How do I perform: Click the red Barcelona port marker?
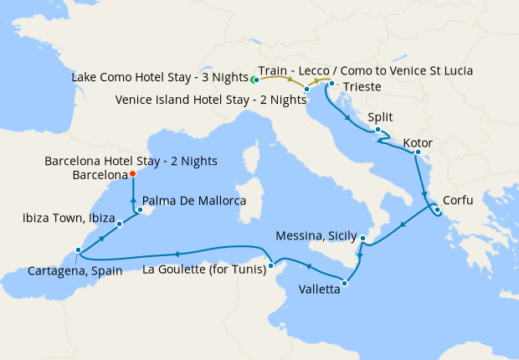tap(132, 175)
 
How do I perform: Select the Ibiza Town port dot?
tap(120, 224)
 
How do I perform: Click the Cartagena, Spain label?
tap(75, 270)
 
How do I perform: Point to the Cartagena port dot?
tap(78, 250)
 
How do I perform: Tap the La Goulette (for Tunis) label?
tap(205, 270)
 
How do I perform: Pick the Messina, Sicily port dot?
tap(362, 239)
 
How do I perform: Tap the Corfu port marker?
tap(437, 209)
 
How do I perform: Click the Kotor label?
tap(418, 143)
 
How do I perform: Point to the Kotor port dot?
tap(417, 153)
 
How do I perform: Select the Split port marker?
tap(378, 130)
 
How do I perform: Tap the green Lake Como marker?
tap(254, 80)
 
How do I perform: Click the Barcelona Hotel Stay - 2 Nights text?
tap(131, 161)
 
